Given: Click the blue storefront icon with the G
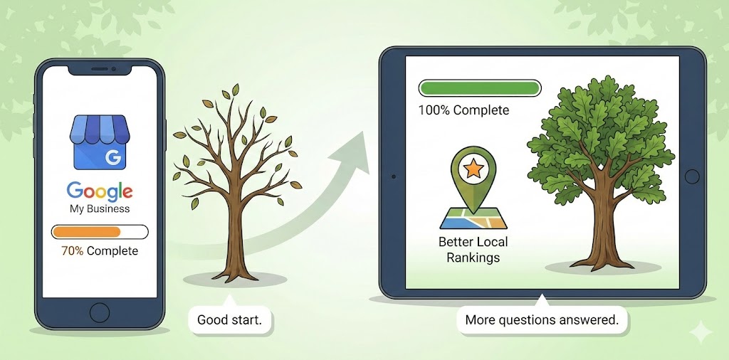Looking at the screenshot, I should (x=100, y=146).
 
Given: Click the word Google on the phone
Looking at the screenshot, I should (x=100, y=191).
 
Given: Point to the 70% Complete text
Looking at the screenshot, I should (x=100, y=251).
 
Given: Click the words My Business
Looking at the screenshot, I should (x=100, y=209).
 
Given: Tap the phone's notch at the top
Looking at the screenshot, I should (x=100, y=70).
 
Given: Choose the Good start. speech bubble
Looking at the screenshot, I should (x=229, y=319).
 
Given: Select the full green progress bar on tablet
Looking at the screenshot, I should (x=480, y=88).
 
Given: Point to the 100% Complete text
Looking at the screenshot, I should (x=463, y=110).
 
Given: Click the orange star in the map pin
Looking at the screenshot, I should (x=471, y=169).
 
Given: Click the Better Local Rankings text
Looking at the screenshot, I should (x=473, y=249).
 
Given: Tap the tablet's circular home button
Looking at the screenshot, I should (x=691, y=176).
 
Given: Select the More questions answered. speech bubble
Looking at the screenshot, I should (x=541, y=319).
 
